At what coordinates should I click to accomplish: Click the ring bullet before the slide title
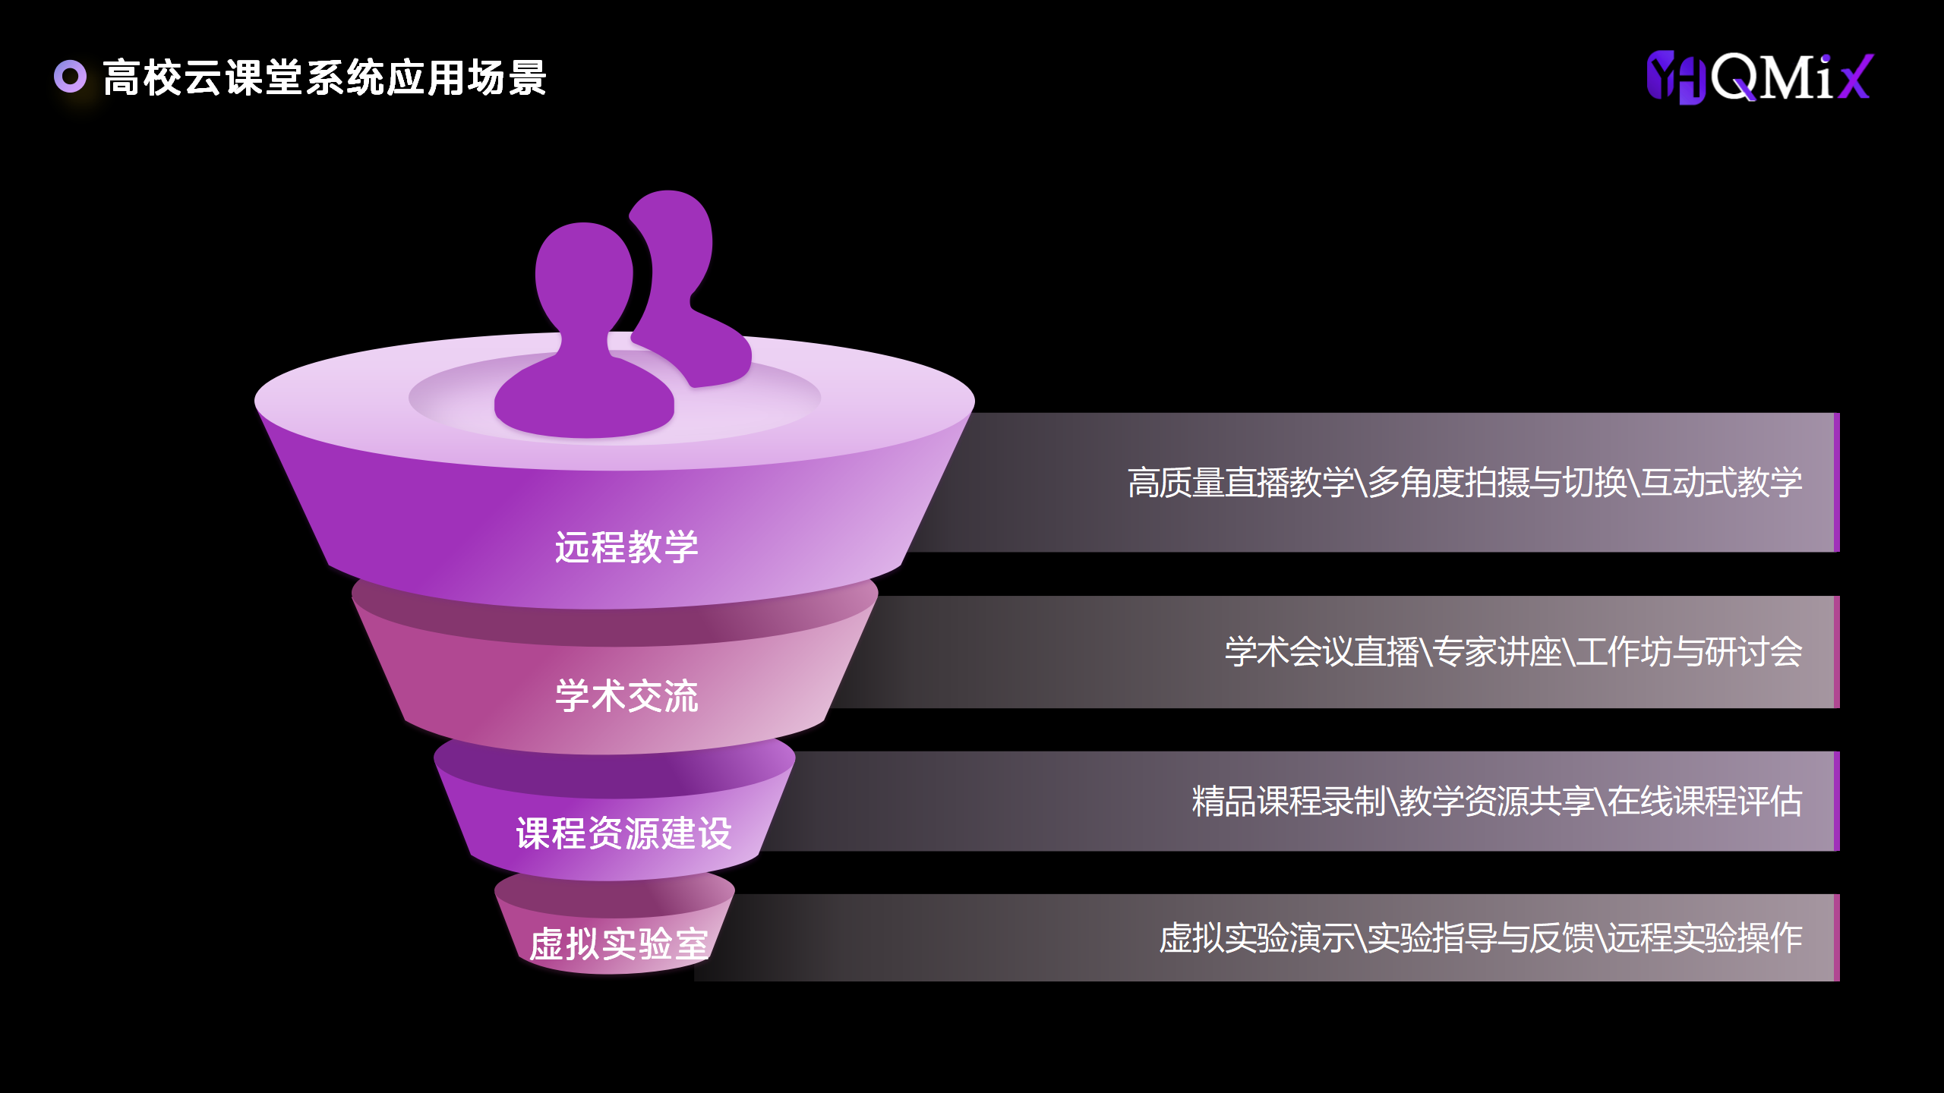point(70,76)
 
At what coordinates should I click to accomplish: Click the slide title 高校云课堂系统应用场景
point(324,77)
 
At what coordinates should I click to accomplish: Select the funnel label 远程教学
point(626,546)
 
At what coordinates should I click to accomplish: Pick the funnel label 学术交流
point(626,695)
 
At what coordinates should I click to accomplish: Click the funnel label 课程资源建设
point(623,833)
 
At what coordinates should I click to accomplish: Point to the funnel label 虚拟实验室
point(618,943)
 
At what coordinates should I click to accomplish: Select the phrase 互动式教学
point(1721,483)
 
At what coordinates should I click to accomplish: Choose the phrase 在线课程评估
point(1704,802)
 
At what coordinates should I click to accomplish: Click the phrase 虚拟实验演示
point(1257,938)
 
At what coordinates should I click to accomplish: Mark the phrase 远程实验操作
point(1704,938)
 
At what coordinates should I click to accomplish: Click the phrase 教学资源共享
point(1496,802)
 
